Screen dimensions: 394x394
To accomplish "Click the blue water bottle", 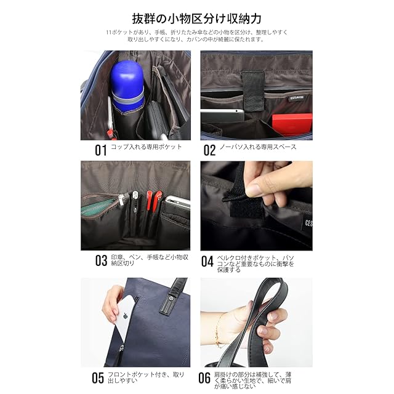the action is point(127,86).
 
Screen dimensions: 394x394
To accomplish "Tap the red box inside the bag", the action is point(292,125).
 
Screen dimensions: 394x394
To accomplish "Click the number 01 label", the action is point(101,150).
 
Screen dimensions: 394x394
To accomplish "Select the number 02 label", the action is point(209,150).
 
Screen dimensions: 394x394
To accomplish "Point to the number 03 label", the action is point(101,260).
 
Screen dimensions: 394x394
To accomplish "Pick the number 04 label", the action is point(207,261).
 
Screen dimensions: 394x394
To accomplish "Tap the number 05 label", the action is point(98,378).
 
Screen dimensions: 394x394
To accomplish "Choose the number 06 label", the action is point(204,378).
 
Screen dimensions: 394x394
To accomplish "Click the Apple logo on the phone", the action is point(125,316).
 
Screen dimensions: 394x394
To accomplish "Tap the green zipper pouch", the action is point(98,207).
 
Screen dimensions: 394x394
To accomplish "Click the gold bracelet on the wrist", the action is point(217,330).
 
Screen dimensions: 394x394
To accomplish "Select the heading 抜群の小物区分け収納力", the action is point(197,18).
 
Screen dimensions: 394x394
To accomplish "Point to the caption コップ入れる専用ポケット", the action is point(146,147).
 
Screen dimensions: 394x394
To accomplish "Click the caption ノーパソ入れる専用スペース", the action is point(258,147).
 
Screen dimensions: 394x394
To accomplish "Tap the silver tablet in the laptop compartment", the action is point(222,116).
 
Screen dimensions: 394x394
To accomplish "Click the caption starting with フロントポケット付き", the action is point(146,377).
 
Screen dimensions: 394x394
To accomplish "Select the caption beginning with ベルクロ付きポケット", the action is point(255,264).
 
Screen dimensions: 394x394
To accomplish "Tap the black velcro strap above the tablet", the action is point(253,90).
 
